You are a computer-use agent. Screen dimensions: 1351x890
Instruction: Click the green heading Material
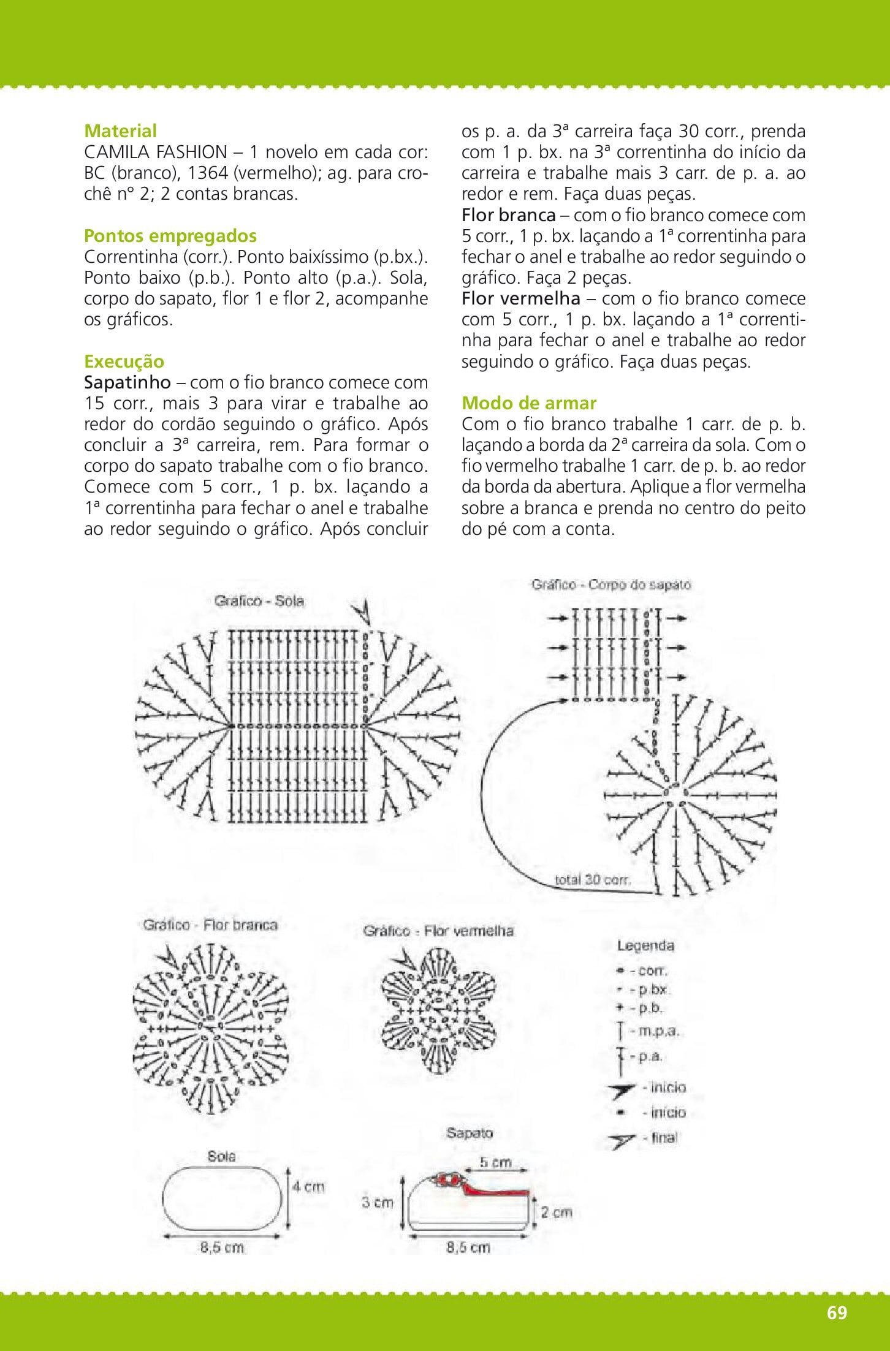coord(120,131)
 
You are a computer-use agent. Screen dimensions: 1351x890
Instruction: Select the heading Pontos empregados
coord(170,236)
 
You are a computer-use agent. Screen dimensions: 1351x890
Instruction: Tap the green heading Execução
coord(124,361)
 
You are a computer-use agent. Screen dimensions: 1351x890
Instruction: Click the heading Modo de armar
coord(528,403)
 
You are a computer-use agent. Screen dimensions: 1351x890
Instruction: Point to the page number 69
coord(837,1312)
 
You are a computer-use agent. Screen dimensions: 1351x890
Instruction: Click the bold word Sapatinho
coord(127,382)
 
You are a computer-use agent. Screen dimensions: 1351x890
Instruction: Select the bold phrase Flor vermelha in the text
coord(520,298)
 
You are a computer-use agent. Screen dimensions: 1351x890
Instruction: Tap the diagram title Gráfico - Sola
coord(259,600)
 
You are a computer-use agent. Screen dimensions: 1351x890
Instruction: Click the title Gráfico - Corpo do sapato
coord(610,585)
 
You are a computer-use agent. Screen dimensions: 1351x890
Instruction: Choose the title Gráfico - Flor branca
coord(210,925)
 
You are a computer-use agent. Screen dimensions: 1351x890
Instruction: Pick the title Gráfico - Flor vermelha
coord(438,931)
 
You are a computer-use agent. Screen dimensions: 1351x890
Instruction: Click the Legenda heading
coord(645,946)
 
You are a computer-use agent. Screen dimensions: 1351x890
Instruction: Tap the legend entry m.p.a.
coord(658,1031)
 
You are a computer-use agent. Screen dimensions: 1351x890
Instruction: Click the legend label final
coord(664,1138)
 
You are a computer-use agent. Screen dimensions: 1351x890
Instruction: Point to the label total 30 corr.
coord(592,880)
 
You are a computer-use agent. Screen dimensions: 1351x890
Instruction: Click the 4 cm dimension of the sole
coord(308,1187)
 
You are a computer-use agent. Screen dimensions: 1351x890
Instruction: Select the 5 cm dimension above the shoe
coord(495,1162)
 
